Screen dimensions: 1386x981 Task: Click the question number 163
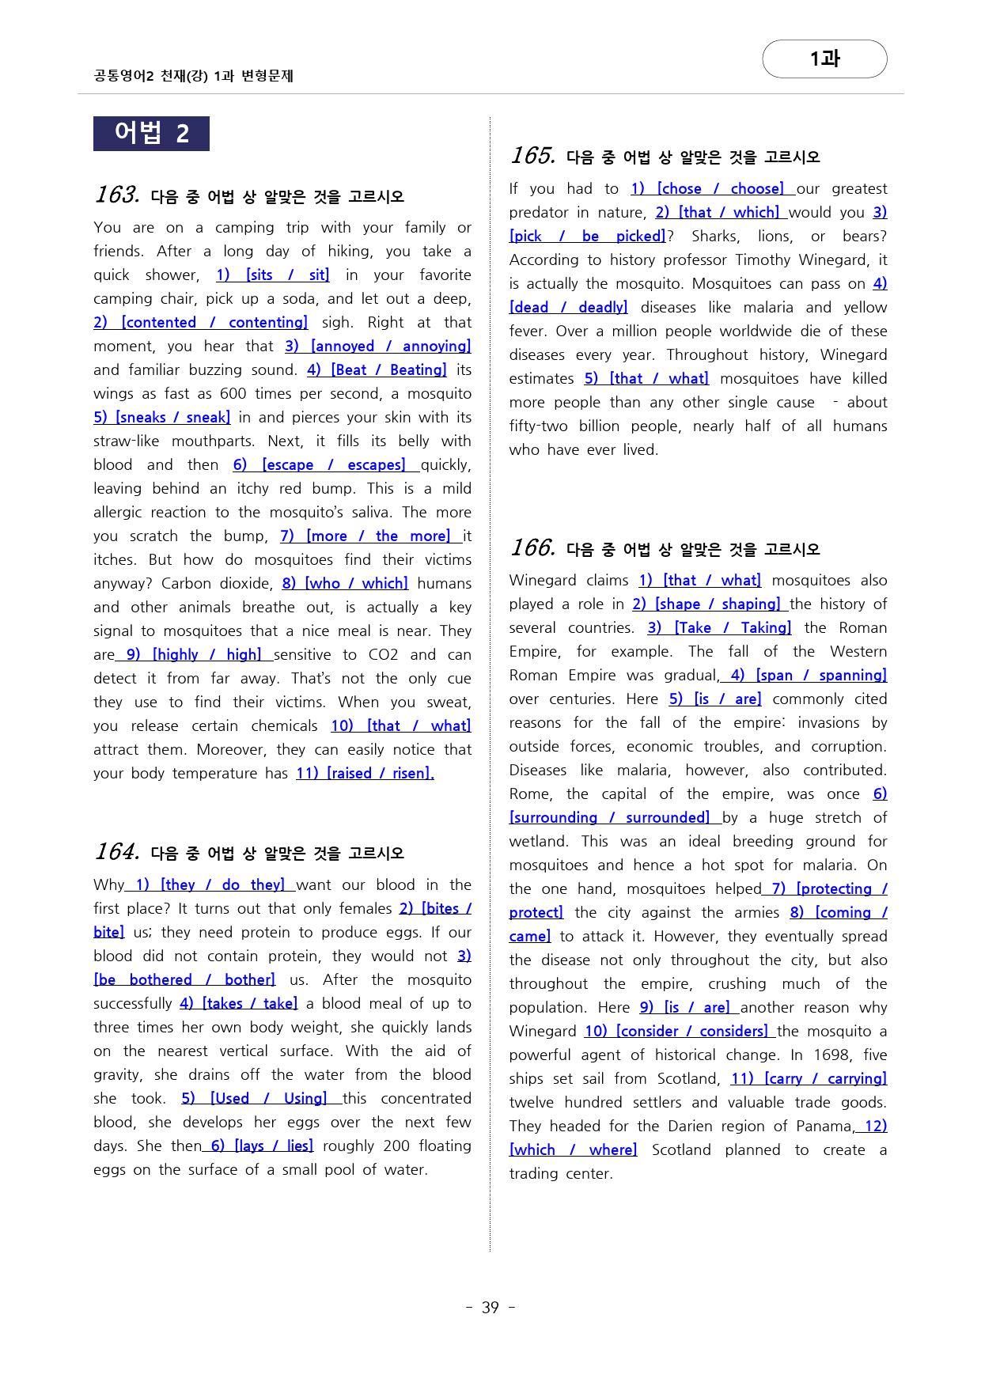click(x=117, y=195)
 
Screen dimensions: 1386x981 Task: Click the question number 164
click(x=117, y=851)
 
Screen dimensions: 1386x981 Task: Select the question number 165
click(x=532, y=155)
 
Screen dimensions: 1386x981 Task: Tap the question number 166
click(x=532, y=547)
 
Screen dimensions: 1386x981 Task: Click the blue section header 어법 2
click(x=151, y=133)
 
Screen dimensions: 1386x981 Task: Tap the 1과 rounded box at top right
click(x=824, y=59)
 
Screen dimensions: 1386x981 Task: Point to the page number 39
click(x=490, y=1308)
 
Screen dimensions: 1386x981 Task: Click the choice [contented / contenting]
click(x=214, y=323)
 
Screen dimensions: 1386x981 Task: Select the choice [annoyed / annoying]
click(x=391, y=346)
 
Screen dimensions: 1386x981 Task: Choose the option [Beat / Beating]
click(x=388, y=370)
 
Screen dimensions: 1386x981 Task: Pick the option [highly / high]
click(x=206, y=655)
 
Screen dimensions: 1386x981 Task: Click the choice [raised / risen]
click(x=380, y=774)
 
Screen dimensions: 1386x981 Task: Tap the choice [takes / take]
click(x=250, y=1004)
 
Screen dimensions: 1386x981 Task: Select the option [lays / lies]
click(x=274, y=1146)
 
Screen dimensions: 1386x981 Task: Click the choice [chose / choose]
click(x=720, y=189)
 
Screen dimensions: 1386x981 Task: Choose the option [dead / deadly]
click(x=569, y=308)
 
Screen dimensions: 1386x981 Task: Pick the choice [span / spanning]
click(x=821, y=676)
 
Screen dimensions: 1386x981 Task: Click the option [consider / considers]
click(x=691, y=1032)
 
